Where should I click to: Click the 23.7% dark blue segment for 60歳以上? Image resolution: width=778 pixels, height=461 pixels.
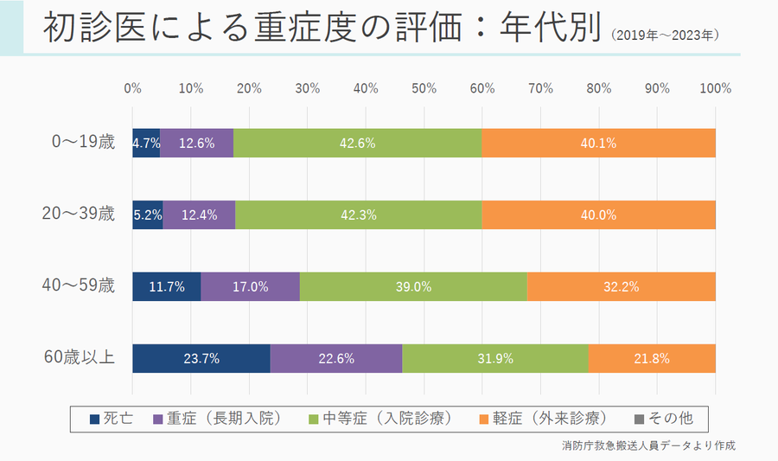201,358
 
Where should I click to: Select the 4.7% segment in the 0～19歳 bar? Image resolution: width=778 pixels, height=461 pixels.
146,144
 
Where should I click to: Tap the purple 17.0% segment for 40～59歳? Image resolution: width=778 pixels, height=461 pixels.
250,287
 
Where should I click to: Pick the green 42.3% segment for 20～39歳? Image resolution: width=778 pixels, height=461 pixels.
358,215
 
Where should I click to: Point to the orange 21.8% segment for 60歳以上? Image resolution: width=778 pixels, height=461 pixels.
652,358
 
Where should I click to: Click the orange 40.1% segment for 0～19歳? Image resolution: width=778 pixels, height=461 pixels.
598,144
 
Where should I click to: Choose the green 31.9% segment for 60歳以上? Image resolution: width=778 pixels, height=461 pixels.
495,358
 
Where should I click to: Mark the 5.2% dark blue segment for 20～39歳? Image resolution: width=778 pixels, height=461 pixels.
148,215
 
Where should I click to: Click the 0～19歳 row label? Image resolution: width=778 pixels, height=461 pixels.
83,143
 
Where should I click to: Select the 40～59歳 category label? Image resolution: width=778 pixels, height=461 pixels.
80,286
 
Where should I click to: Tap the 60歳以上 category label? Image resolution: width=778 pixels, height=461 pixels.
80,357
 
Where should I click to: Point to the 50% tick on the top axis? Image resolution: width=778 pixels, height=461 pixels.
424,88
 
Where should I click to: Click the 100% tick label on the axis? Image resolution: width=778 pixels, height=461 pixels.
715,88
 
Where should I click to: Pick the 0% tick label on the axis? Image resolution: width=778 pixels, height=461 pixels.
132,88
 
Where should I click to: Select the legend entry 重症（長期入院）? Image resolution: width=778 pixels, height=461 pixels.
217,419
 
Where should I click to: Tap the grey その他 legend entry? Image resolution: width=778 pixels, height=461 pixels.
664,419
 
